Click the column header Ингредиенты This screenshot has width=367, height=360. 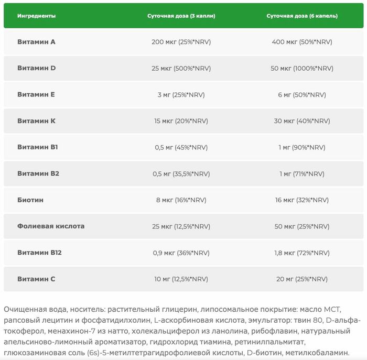coord(36,16)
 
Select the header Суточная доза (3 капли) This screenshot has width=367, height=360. coord(181,16)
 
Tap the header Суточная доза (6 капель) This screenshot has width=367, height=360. coord(302,16)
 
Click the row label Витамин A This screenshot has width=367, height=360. coord(36,42)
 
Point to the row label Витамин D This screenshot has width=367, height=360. coord(36,68)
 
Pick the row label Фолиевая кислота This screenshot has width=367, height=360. coord(50,226)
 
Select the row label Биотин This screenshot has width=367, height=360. coord(30,200)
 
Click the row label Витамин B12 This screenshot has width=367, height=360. coord(39,253)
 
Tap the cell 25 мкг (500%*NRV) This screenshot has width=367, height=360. coord(181,68)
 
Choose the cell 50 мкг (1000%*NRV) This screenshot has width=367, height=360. coord(302,68)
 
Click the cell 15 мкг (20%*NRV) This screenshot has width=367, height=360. coord(181,121)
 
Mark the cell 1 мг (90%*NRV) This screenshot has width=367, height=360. coord(302,147)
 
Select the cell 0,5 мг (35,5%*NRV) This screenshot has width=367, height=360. coord(181,173)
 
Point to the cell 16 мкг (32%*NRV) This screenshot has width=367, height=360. coord(302,200)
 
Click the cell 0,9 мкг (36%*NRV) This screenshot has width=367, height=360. coord(181,253)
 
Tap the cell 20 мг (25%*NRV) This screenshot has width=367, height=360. coord(302,279)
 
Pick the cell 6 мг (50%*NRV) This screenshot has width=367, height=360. coord(302,95)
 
